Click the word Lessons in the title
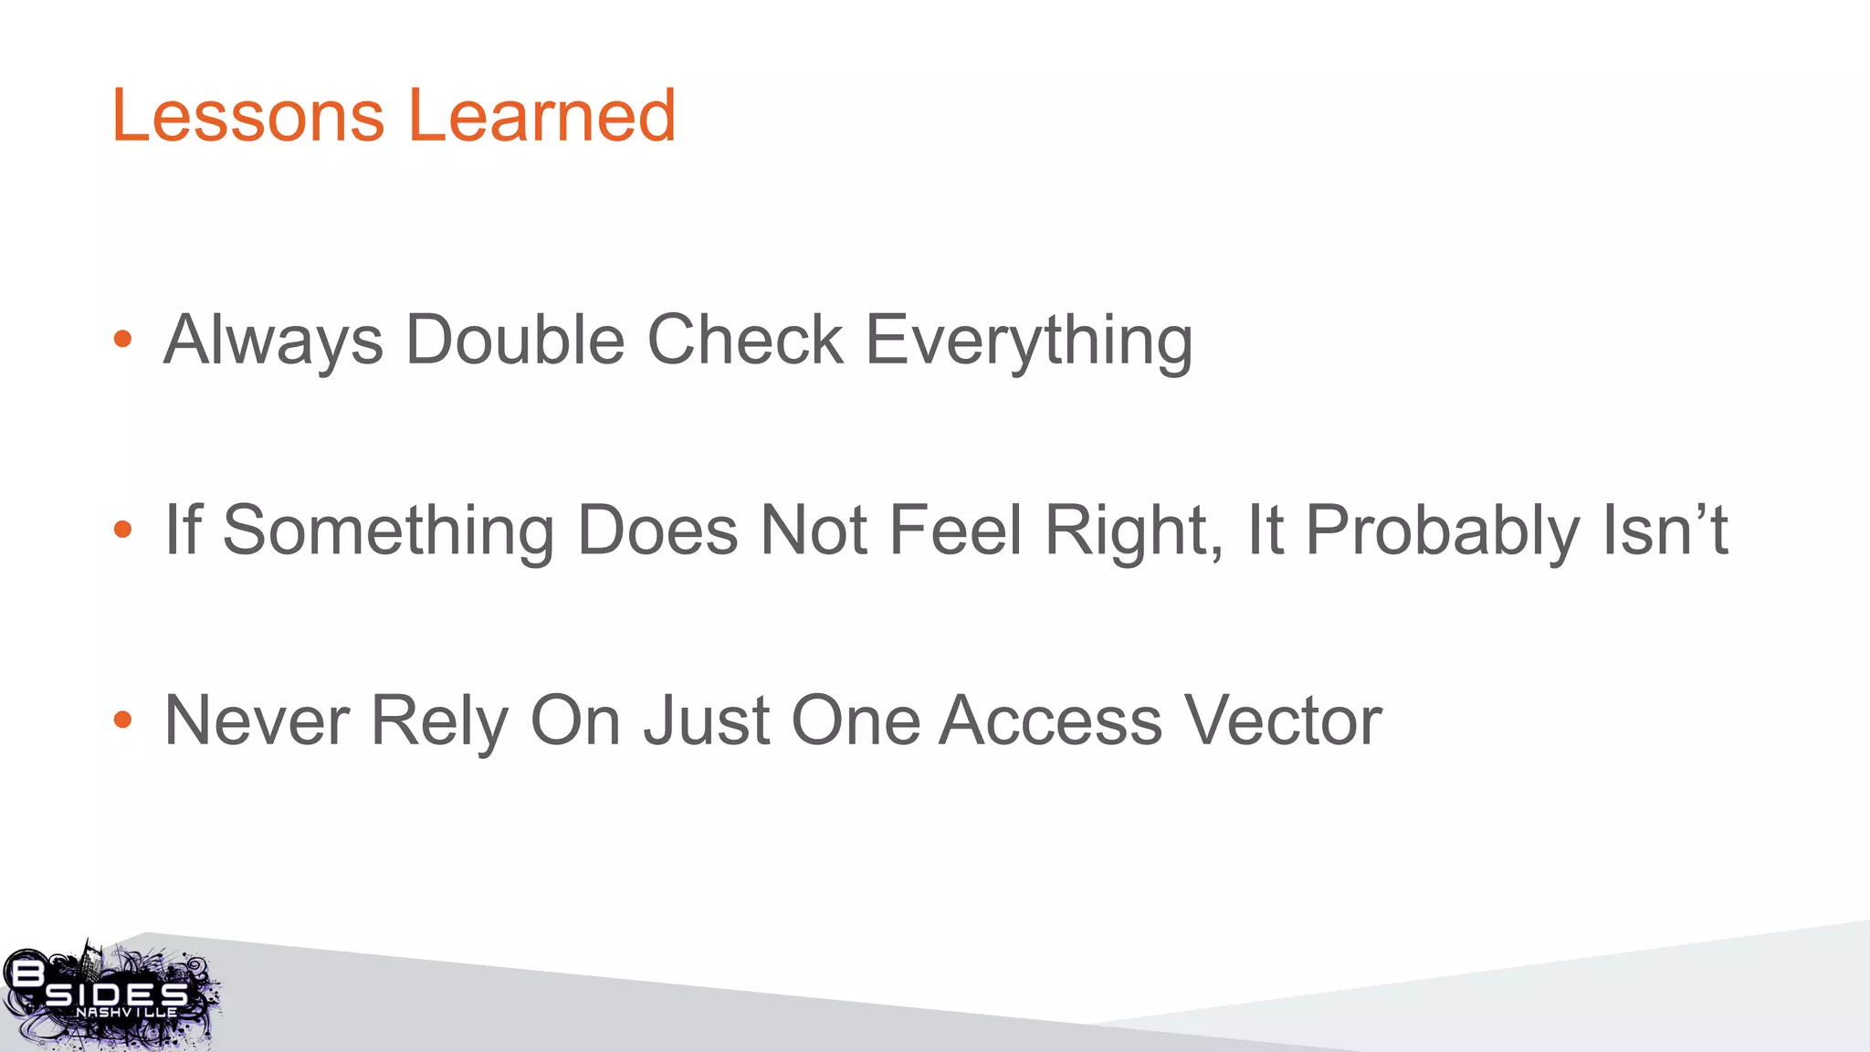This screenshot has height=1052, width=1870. [247, 116]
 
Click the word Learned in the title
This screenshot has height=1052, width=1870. [541, 116]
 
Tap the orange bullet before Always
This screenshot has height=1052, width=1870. [122, 340]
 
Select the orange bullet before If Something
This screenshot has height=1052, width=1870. [122, 530]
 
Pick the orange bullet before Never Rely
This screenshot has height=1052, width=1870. [122, 721]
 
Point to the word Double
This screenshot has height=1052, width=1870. [515, 340]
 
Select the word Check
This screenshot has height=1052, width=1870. [745, 340]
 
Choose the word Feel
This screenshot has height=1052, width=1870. [954, 530]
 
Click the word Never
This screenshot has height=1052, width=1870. [257, 721]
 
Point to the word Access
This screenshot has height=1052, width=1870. [1050, 721]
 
